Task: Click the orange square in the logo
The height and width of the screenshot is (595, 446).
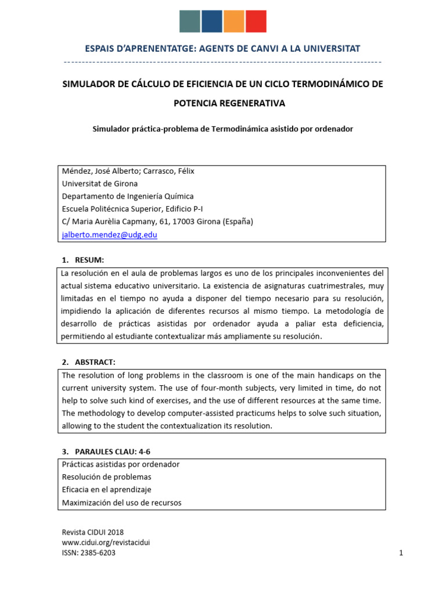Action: tap(233, 21)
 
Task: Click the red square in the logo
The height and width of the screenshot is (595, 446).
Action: tap(256, 21)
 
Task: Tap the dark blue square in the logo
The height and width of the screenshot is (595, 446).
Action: tap(211, 21)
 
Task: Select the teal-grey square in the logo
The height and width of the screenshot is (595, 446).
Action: tap(189, 21)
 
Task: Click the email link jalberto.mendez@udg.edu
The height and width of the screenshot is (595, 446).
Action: tap(109, 235)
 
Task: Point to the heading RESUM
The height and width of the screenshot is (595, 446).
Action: tap(89, 260)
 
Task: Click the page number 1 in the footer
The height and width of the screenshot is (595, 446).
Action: tap(401, 553)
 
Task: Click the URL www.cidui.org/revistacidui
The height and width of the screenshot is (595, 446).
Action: tap(106, 543)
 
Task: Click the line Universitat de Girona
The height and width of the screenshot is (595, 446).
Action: tap(100, 184)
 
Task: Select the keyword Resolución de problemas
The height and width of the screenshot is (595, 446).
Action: tap(106, 477)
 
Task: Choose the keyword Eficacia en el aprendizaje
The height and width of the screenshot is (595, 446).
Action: tap(106, 490)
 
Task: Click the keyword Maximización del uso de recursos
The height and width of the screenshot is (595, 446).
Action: tap(121, 503)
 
